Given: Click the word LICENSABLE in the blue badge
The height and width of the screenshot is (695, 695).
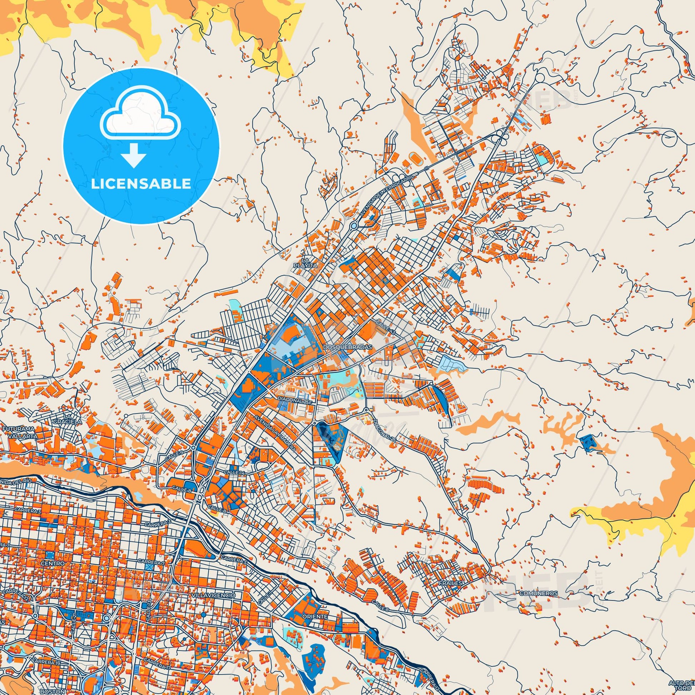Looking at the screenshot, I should point(141,184).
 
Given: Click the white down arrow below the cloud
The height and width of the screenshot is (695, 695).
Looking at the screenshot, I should point(134,156).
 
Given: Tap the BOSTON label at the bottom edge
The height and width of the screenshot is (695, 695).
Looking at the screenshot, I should point(47,692).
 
